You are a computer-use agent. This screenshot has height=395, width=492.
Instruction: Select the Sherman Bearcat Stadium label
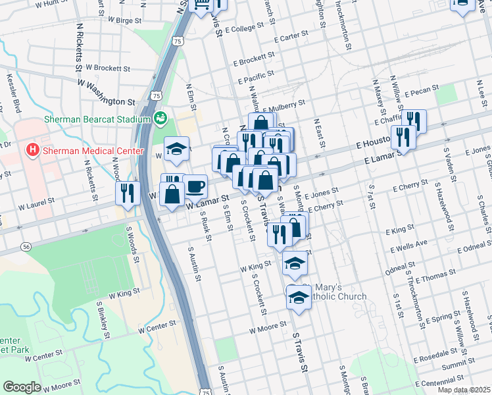pos(97,119)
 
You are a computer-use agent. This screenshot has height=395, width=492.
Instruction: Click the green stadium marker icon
pos(160,118)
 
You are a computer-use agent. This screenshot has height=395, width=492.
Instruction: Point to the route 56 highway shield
pos(26,246)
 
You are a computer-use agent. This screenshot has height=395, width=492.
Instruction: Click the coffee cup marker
pos(195,186)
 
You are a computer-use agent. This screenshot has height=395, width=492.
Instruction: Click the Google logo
pos(22,387)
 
